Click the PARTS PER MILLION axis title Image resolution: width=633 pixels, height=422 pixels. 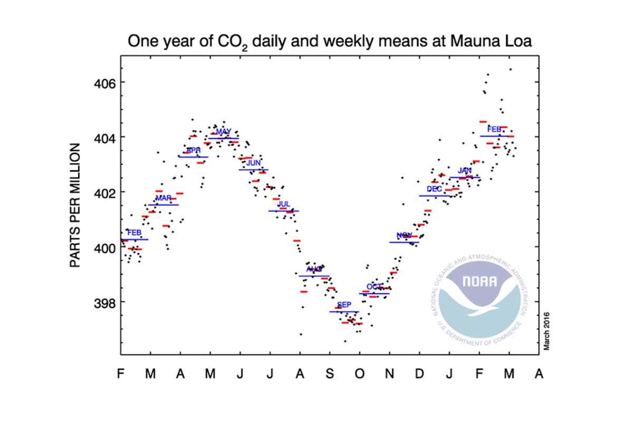coord(76,205)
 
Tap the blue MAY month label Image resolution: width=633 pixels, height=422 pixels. coord(224,131)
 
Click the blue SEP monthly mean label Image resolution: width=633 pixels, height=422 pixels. coord(344,305)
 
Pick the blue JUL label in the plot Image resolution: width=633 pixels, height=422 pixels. coord(284,204)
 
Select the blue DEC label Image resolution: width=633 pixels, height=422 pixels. coord(435,189)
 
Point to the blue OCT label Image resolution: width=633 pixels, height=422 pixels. coord(374,286)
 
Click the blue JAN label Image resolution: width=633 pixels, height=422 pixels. coord(465,170)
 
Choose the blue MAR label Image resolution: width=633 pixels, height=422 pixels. coord(164,198)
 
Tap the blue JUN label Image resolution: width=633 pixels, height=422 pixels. coord(254,163)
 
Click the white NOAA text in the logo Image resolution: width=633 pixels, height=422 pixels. coord(479,281)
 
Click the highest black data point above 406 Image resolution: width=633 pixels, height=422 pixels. coord(511,69)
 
